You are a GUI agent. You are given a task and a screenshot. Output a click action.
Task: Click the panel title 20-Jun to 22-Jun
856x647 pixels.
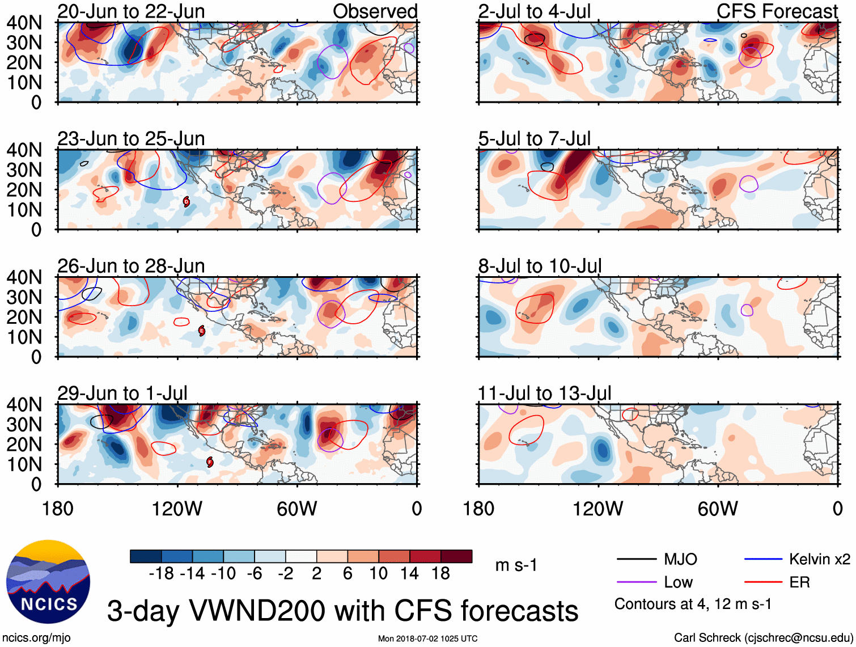(x=131, y=11)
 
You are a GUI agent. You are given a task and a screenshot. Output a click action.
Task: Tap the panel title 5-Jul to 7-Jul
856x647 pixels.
(x=534, y=138)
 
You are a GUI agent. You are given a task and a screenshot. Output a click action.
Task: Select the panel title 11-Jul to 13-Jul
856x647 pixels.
(x=544, y=393)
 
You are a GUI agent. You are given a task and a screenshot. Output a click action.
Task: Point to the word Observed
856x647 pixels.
(x=375, y=11)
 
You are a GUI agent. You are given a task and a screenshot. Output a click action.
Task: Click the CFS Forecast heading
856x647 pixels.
(x=777, y=11)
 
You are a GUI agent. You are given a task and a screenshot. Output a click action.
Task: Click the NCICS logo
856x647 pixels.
(x=48, y=581)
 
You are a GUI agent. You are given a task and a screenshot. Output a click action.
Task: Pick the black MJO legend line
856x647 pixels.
(x=636, y=559)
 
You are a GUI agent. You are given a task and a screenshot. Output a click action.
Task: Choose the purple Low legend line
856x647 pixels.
(x=636, y=582)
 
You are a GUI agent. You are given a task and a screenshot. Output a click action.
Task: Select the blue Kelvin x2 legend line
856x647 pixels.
(x=763, y=559)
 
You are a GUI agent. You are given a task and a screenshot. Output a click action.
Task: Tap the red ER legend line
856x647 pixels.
(x=763, y=582)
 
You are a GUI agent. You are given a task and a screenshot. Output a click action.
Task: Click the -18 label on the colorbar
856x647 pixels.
(x=162, y=574)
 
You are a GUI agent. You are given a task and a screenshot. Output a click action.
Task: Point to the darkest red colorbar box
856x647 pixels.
(x=456, y=556)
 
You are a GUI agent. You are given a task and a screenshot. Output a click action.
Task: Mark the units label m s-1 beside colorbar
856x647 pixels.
(x=516, y=565)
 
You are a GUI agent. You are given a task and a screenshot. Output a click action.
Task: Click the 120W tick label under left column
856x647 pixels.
(x=177, y=509)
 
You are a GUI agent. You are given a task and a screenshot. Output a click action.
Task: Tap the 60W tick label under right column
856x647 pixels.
(x=718, y=509)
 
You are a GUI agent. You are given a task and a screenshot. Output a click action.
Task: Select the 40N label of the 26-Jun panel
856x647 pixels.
(x=24, y=277)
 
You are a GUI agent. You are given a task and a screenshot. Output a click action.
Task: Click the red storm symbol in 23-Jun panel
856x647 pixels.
(x=187, y=201)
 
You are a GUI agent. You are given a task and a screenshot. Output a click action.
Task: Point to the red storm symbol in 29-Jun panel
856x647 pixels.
(x=210, y=462)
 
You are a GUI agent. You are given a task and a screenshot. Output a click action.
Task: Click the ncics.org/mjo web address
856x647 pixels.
(x=36, y=637)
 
